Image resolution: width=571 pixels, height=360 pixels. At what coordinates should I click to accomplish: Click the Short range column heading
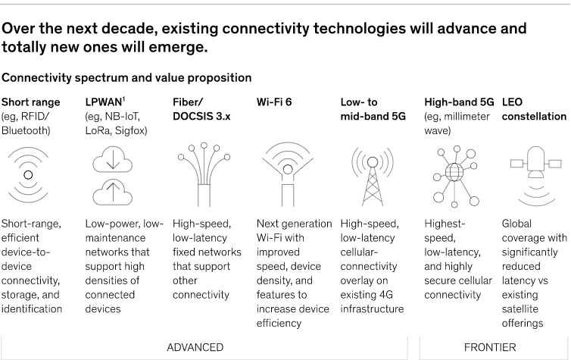(x=30, y=102)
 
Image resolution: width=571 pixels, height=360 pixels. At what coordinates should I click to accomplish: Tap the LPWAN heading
(x=105, y=102)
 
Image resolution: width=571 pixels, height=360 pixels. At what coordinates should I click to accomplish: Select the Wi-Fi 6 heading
(x=274, y=102)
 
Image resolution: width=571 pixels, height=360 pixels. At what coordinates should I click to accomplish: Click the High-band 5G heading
(x=459, y=102)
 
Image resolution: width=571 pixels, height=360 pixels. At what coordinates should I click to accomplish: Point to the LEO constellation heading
(x=534, y=109)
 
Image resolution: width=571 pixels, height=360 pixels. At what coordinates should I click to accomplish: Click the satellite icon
(x=535, y=176)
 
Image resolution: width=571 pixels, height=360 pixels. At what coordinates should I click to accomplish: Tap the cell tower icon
(x=373, y=177)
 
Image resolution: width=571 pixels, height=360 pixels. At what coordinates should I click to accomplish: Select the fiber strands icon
(x=204, y=175)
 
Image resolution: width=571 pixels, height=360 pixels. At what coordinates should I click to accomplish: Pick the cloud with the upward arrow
(x=113, y=192)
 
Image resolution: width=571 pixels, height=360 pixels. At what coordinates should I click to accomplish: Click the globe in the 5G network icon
(x=454, y=172)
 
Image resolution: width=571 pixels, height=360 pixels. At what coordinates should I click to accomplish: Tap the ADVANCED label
(x=195, y=347)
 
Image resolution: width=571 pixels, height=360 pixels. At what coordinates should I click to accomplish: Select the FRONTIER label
(x=490, y=347)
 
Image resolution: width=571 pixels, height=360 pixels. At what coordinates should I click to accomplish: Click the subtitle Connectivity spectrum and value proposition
(x=126, y=77)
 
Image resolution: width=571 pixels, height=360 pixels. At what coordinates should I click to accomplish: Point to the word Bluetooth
(x=25, y=130)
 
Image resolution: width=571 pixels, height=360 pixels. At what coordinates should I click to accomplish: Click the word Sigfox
(x=131, y=130)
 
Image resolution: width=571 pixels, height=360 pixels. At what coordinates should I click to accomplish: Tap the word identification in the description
(x=32, y=309)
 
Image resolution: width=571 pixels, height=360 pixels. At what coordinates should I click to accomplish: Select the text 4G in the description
(x=385, y=295)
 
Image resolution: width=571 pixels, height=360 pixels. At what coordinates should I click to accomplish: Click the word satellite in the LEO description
(x=520, y=309)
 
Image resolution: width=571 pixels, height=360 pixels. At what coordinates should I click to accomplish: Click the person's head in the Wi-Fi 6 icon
(x=288, y=170)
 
